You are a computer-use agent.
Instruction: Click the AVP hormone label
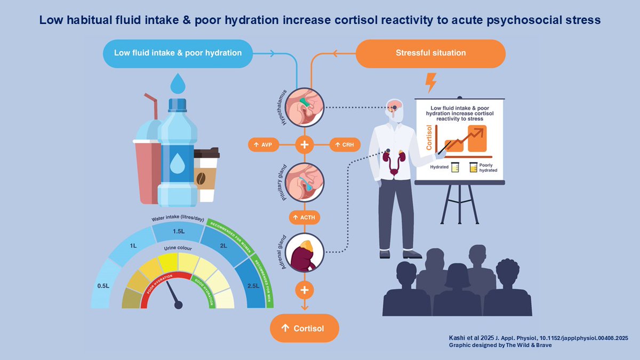click(263, 145)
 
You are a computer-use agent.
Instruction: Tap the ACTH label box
click(305, 218)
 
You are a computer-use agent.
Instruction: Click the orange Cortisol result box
click(305, 328)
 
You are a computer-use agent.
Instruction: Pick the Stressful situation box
click(430, 53)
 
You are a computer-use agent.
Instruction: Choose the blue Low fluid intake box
click(178, 53)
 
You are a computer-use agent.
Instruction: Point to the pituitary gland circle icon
click(305, 182)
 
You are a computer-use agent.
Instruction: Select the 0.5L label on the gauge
click(103, 286)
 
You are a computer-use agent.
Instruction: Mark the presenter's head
click(395, 109)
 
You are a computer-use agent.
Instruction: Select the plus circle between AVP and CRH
click(305, 145)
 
